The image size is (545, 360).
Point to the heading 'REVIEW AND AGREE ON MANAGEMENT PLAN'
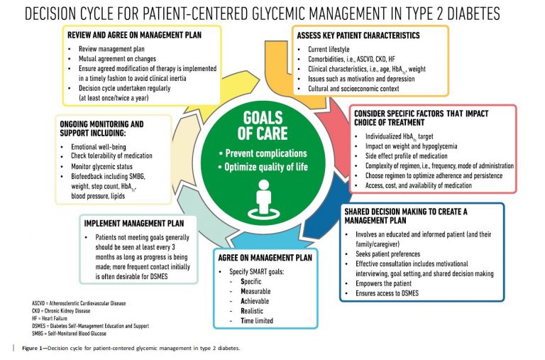point(134,35)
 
